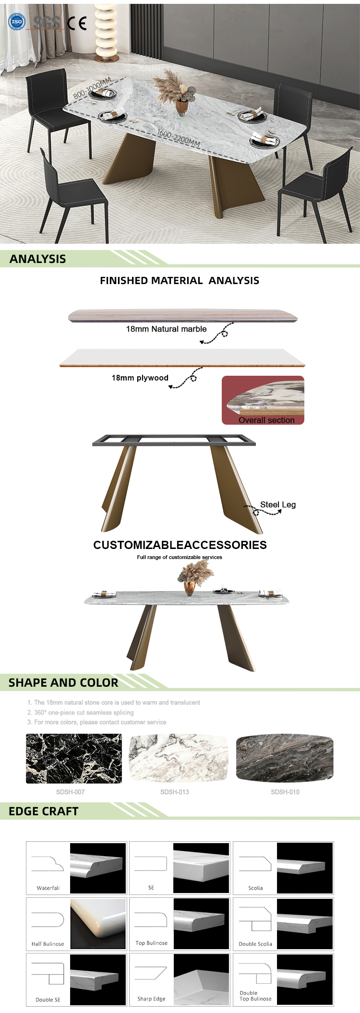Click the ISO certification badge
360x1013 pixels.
click(17, 22)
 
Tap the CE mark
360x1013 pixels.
click(77, 23)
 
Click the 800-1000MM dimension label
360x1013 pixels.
click(92, 88)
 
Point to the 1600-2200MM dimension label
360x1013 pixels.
click(179, 138)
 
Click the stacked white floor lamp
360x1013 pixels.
click(107, 31)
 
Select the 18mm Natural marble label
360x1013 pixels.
click(166, 329)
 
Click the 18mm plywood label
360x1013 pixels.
click(140, 378)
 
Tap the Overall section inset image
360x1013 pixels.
click(263, 400)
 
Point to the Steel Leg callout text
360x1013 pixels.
click(278, 505)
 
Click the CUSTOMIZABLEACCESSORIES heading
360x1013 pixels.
click(180, 545)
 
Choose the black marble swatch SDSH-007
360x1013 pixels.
click(74, 759)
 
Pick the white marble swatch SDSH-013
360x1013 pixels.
click(179, 759)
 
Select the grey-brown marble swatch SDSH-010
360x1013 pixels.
click(285, 758)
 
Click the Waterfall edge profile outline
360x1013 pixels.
click(48, 864)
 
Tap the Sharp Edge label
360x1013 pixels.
click(151, 999)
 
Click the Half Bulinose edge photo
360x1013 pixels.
click(98, 924)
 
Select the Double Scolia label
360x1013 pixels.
click(255, 944)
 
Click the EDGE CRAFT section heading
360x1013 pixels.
click(43, 811)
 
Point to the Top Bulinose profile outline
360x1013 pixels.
click(151, 920)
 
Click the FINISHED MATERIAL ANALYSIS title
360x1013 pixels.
click(180, 281)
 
